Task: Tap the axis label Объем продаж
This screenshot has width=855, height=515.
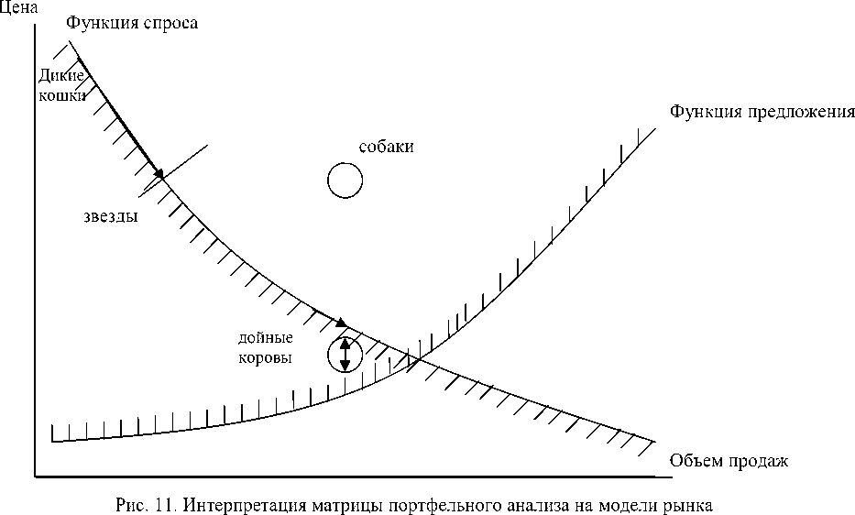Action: coord(729,460)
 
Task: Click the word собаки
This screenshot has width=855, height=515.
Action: coord(380,147)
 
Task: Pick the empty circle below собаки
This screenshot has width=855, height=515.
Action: coord(345,180)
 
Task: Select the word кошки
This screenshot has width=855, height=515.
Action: coord(61,94)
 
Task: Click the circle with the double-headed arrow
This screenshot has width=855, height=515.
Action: coord(345,355)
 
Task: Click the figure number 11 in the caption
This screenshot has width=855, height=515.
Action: coord(153,504)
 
